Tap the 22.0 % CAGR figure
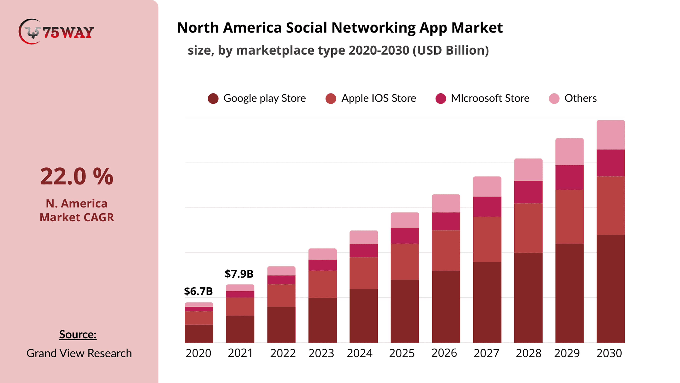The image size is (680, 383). (76, 176)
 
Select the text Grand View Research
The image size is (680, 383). (79, 353)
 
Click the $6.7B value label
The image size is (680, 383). (198, 291)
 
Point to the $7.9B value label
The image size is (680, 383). (239, 274)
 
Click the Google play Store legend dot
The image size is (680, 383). (213, 99)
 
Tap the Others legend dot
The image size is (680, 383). (554, 99)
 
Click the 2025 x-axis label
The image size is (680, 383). (402, 353)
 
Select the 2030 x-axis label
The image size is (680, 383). (609, 353)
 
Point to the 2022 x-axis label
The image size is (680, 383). (283, 353)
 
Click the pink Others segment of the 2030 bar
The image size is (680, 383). (611, 135)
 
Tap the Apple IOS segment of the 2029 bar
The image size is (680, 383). (569, 217)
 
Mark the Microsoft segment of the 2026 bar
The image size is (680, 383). (446, 221)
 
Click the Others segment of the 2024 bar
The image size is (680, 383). (364, 237)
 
